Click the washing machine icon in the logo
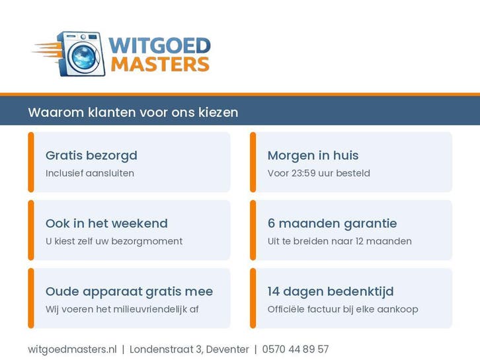coord(82,54)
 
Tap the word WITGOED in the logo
coord(159,46)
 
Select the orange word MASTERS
coord(160,64)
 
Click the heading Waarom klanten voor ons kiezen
coord(133,112)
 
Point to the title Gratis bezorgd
coord(91,155)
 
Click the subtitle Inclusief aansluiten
coord(90,173)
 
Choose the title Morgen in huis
coord(313,155)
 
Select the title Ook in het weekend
coord(106,223)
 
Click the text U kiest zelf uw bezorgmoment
coord(114,241)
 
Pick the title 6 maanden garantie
coord(332,223)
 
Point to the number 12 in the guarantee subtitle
coord(360,241)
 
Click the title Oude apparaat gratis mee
coord(129,291)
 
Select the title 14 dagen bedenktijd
coord(331,291)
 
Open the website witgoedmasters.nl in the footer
coord(72,349)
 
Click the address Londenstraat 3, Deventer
coord(189,349)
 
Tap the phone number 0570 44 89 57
coord(296,349)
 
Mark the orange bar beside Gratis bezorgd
coord(31,162)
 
